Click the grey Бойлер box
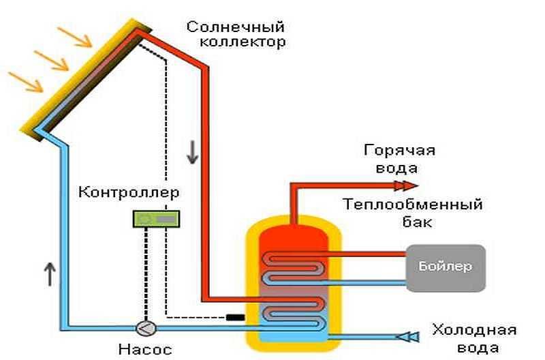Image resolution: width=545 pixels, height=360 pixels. [446, 266]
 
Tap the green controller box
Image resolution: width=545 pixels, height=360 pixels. [155, 219]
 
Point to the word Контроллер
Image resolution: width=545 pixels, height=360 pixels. [129, 192]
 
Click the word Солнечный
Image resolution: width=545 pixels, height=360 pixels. [235, 27]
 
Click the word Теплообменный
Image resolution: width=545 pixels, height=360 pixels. [414, 205]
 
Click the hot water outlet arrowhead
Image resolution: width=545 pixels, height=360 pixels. [407, 185]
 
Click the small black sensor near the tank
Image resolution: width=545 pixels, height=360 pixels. [235, 317]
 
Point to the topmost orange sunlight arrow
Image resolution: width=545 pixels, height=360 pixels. [76, 37]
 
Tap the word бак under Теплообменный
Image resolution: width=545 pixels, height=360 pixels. [414, 222]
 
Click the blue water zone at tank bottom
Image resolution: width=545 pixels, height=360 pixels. [294, 334]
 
